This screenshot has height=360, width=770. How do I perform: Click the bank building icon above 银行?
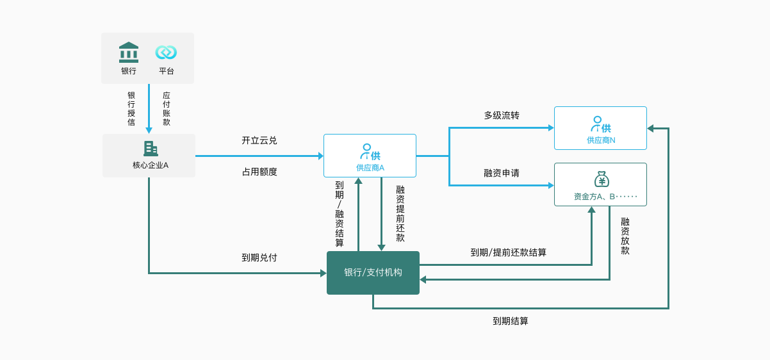[x=129, y=52]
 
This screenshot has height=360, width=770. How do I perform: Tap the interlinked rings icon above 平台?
[x=166, y=53]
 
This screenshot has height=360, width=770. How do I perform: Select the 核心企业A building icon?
[x=151, y=149]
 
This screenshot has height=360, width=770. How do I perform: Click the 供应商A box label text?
[x=370, y=168]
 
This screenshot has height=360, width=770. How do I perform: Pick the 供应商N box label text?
[x=601, y=140]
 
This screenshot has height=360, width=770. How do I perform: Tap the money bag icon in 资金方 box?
[x=601, y=179]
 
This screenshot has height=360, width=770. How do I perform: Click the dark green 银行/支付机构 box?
[x=373, y=273]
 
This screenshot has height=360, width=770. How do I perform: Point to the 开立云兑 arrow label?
[x=259, y=140]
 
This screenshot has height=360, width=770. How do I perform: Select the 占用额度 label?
[x=259, y=172]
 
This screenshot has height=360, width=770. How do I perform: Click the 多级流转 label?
[x=502, y=116]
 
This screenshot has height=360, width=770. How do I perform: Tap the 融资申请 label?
[x=502, y=173]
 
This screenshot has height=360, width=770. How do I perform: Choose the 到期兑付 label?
[x=259, y=258]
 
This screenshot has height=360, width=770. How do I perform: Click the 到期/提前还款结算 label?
[x=509, y=252]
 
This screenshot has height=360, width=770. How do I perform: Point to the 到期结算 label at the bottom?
[x=511, y=321]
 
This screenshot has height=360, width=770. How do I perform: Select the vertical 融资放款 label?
[x=625, y=236]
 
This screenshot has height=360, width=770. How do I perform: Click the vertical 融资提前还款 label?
[x=400, y=213]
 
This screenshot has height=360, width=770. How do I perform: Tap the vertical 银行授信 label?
[x=131, y=108]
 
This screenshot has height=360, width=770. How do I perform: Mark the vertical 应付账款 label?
[x=167, y=108]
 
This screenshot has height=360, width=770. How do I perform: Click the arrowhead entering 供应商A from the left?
[x=320, y=156]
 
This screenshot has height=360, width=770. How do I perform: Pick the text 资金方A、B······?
[x=605, y=197]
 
